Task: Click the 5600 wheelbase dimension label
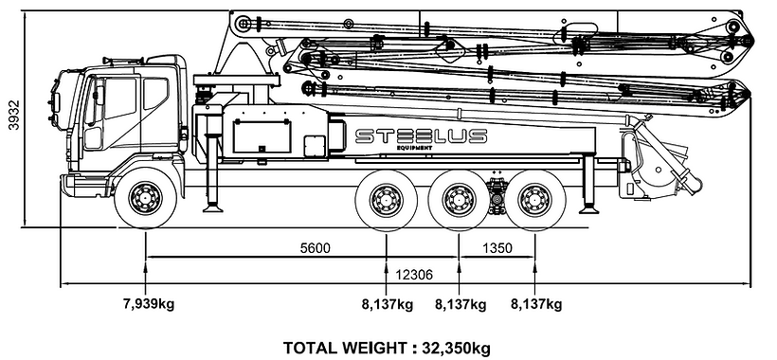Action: [x=316, y=247]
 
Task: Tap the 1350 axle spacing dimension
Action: [x=497, y=247]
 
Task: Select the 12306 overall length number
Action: [x=414, y=275]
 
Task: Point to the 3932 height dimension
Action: [x=14, y=115]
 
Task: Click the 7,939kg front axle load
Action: [x=149, y=303]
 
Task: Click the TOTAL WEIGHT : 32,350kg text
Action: [x=387, y=348]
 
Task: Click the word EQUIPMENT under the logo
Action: [x=414, y=148]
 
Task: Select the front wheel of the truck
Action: [x=145, y=198]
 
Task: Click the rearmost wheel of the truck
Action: [x=534, y=200]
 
